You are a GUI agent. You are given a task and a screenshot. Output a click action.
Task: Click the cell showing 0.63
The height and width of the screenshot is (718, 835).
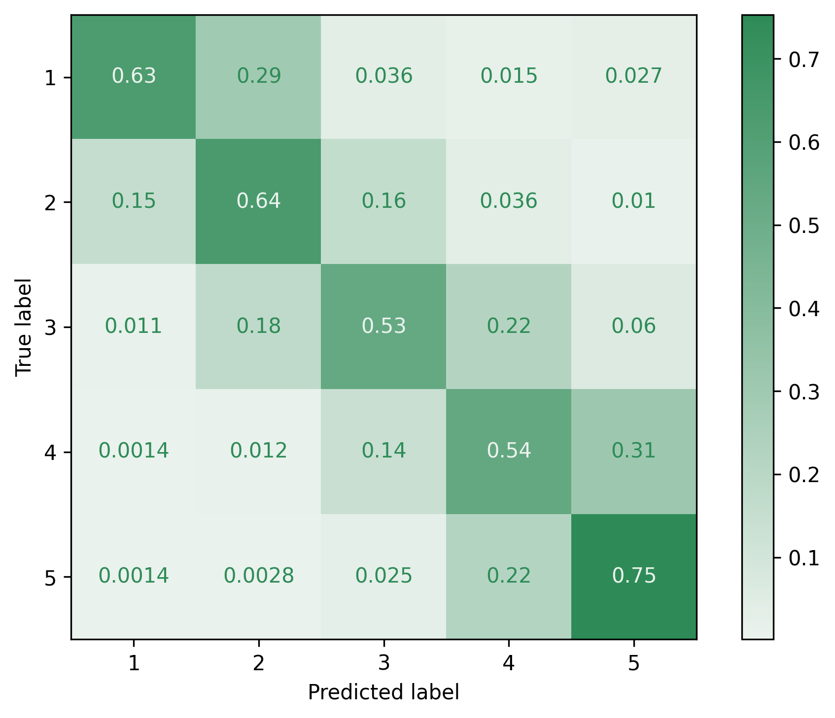coord(134,76)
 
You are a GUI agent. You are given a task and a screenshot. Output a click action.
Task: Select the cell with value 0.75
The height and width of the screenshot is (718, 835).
coord(633,576)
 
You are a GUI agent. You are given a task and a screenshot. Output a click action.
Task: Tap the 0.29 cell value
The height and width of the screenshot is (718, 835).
coord(259,76)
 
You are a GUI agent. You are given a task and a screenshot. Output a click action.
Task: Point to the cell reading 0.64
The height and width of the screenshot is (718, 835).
coord(259,201)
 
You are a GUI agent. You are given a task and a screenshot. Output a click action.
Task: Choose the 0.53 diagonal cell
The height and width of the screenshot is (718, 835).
coord(383,326)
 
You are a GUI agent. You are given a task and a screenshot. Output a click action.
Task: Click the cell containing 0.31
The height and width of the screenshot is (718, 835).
coord(633,451)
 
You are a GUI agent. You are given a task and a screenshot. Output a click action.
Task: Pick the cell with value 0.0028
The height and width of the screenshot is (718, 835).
coord(259,576)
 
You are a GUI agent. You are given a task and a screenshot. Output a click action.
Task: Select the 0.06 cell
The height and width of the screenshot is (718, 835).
coord(633,326)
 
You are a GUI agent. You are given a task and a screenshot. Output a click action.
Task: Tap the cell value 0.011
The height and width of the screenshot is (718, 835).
coord(134,326)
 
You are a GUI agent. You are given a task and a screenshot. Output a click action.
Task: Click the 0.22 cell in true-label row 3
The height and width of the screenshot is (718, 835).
coord(509,326)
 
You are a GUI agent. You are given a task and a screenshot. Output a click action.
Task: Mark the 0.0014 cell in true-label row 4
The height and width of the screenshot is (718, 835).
coord(134,451)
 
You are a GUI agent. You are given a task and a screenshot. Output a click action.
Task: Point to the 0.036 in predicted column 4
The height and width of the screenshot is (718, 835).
coord(509,201)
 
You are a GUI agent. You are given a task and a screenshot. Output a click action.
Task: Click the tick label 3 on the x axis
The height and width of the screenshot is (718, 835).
coord(383,664)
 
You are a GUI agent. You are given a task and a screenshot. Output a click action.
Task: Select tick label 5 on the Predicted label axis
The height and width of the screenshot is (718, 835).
coord(633,664)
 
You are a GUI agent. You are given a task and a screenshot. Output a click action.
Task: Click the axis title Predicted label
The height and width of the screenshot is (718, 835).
coord(383,692)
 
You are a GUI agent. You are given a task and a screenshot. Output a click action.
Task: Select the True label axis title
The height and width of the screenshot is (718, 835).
coord(24,327)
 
